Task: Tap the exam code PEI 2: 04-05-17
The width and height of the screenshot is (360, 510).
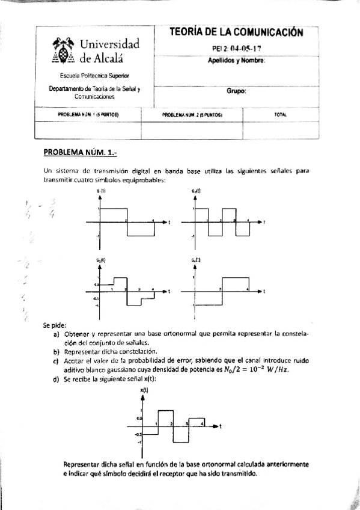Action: [x=236, y=48]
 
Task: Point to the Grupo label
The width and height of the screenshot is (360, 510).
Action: [x=236, y=91]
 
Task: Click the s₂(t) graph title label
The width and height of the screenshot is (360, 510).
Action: [x=196, y=191]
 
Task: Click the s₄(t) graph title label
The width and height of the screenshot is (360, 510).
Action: [x=196, y=260]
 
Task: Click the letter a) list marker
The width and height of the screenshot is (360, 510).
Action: [x=56, y=334]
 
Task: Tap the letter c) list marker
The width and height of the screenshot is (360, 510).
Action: [x=56, y=360]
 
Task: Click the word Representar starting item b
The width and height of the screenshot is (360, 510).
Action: [x=82, y=352]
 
